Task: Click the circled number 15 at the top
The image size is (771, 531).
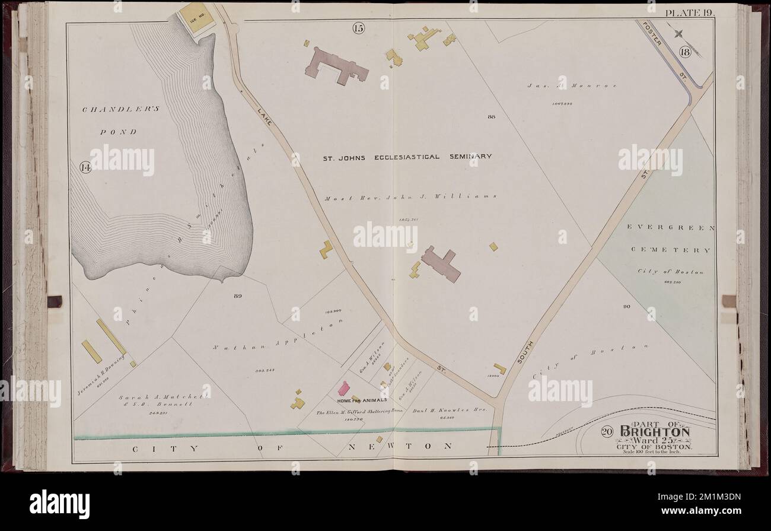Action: [x=358, y=27]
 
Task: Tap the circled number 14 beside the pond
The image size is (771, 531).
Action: [x=85, y=168]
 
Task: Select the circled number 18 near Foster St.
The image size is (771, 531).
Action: [x=686, y=52]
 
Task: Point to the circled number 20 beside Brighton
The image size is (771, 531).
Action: [x=606, y=432]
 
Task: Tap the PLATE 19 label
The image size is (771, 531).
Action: [x=690, y=12]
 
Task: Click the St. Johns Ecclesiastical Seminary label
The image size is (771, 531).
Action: [x=407, y=157]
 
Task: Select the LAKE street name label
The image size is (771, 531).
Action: [x=264, y=113]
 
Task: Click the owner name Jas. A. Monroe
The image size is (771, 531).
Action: [x=572, y=86]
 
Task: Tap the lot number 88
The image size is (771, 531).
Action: [x=491, y=117]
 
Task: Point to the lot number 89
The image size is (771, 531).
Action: [x=238, y=295]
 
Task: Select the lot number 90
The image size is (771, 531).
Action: [x=626, y=307]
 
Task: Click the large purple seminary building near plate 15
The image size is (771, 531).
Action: [x=336, y=66]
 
